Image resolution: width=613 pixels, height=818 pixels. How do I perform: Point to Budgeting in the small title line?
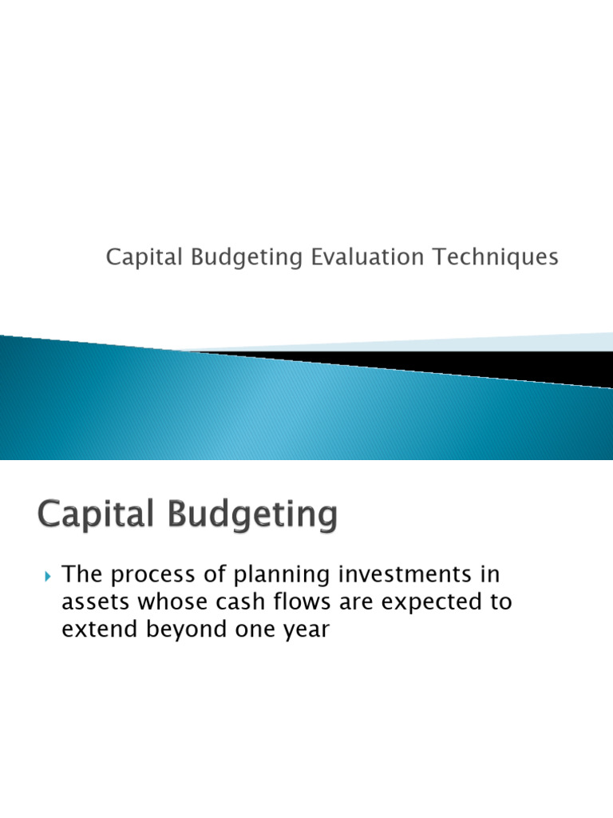click(x=238, y=259)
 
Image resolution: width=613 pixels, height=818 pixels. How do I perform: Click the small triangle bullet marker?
click(x=47, y=575)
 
